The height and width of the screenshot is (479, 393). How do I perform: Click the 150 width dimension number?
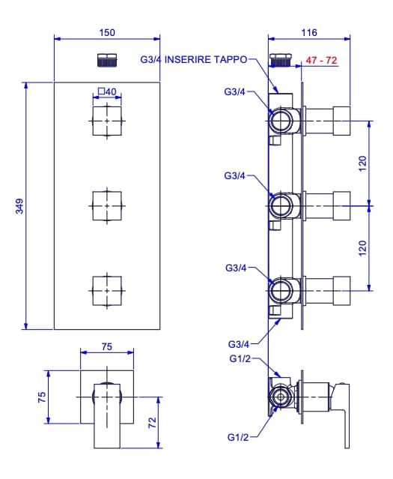click(x=107, y=32)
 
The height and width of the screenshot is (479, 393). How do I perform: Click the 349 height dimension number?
click(x=19, y=206)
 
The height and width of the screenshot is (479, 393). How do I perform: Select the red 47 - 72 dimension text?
click(x=321, y=60)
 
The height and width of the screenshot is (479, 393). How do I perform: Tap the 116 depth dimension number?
click(x=309, y=32)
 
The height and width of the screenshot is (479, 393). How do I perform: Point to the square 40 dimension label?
click(x=107, y=91)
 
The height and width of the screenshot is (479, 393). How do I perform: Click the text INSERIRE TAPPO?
click(x=206, y=59)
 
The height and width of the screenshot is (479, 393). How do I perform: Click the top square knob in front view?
click(x=107, y=121)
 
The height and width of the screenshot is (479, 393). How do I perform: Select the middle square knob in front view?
click(x=107, y=206)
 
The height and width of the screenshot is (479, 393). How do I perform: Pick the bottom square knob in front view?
click(x=107, y=291)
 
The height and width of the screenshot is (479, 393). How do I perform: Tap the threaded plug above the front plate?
click(x=107, y=60)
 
